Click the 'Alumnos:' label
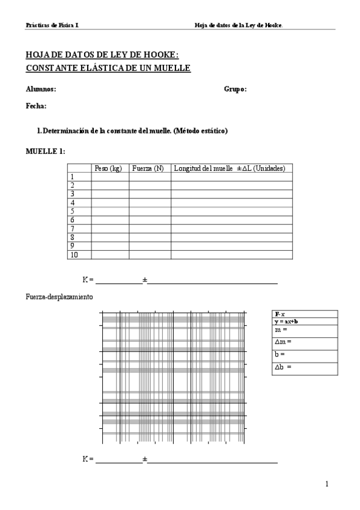click(x=41, y=89)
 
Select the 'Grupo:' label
click(x=235, y=89)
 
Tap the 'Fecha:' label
click(x=36, y=106)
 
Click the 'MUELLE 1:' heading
click(x=46, y=151)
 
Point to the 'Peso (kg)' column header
click(x=109, y=168)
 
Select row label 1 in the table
click(x=72, y=177)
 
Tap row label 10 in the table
click(x=74, y=255)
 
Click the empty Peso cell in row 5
click(x=110, y=212)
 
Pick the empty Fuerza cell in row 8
click(x=150, y=238)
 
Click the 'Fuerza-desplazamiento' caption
click(x=59, y=297)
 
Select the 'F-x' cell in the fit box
click(x=279, y=314)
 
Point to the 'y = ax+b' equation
click(x=286, y=321)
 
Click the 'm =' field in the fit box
click(x=281, y=330)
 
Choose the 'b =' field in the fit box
click(x=279, y=354)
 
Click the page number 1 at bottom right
click(x=326, y=484)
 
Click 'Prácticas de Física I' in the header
click(x=52, y=25)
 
